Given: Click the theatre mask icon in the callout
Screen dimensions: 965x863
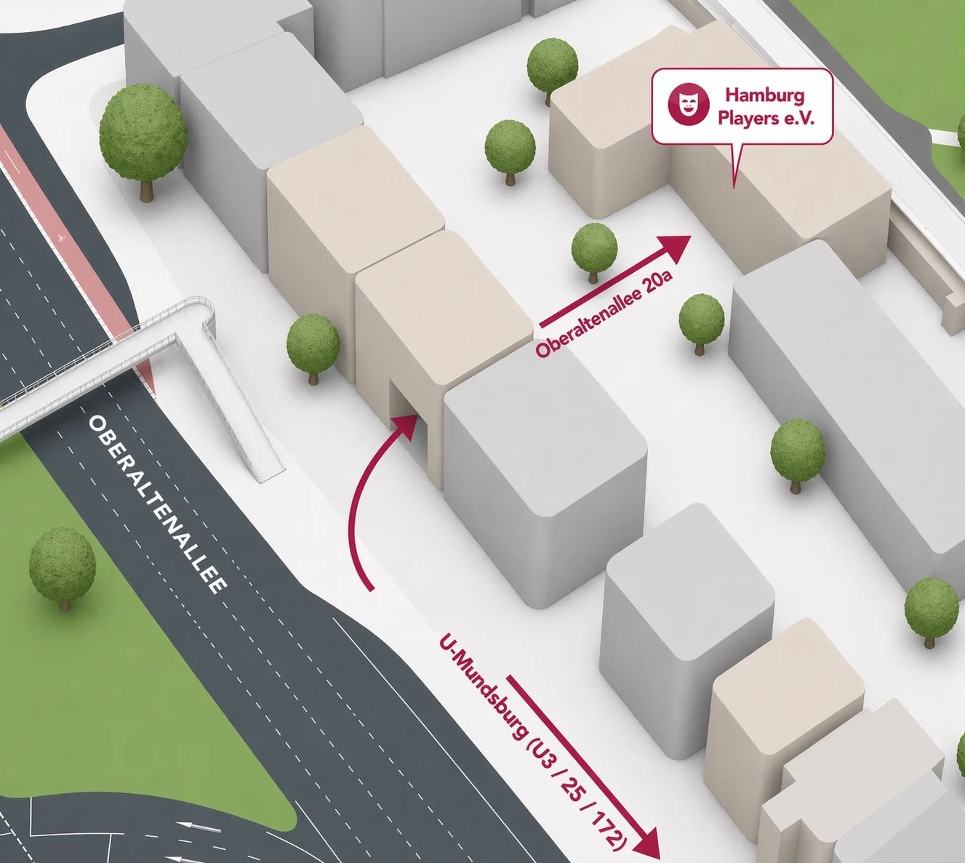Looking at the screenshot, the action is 688,106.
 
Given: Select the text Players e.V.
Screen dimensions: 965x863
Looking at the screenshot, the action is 765,118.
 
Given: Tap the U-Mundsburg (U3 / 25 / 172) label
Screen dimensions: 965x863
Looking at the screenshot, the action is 532,741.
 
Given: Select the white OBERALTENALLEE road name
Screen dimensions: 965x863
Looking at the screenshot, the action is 157,504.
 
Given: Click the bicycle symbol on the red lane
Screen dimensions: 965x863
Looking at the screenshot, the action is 60,236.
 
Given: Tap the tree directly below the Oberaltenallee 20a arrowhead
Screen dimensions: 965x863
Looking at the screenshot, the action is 701,321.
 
